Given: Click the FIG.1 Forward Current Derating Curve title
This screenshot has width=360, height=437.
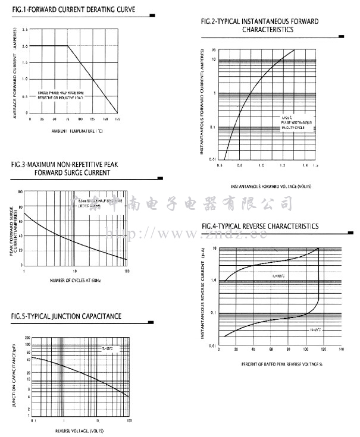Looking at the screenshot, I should pyautogui.click(x=73, y=10).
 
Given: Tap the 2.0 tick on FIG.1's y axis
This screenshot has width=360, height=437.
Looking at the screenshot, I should pyautogui.click(x=24, y=46).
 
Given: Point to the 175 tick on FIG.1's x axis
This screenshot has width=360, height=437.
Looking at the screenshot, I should pyautogui.click(x=117, y=120).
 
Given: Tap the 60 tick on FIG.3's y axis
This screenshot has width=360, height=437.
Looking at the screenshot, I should pyautogui.click(x=20, y=221).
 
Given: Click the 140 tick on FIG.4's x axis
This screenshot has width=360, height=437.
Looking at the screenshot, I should pyautogui.click(x=340, y=350).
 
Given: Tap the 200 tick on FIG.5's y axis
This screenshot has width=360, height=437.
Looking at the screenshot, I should pyautogui.click(x=28, y=338).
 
